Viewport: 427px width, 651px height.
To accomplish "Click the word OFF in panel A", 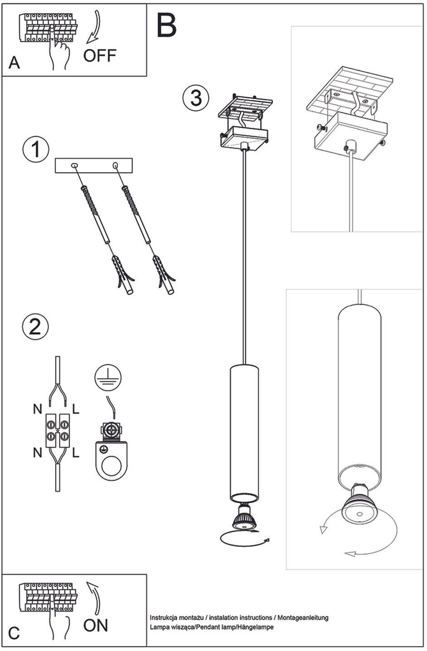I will (100, 55).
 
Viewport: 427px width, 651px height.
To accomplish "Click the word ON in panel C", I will (96, 625).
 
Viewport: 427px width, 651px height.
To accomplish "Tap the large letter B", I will (166, 26).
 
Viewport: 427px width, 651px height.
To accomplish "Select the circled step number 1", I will (36, 149).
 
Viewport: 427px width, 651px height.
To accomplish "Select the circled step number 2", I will (35, 326).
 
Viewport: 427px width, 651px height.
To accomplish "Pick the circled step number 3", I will (196, 97).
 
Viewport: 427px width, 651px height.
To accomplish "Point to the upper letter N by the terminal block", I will (38, 409).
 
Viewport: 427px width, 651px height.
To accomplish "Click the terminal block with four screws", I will (57, 431).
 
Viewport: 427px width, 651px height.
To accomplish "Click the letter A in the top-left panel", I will (14, 63).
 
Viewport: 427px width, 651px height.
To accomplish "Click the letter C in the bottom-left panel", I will (14, 633).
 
